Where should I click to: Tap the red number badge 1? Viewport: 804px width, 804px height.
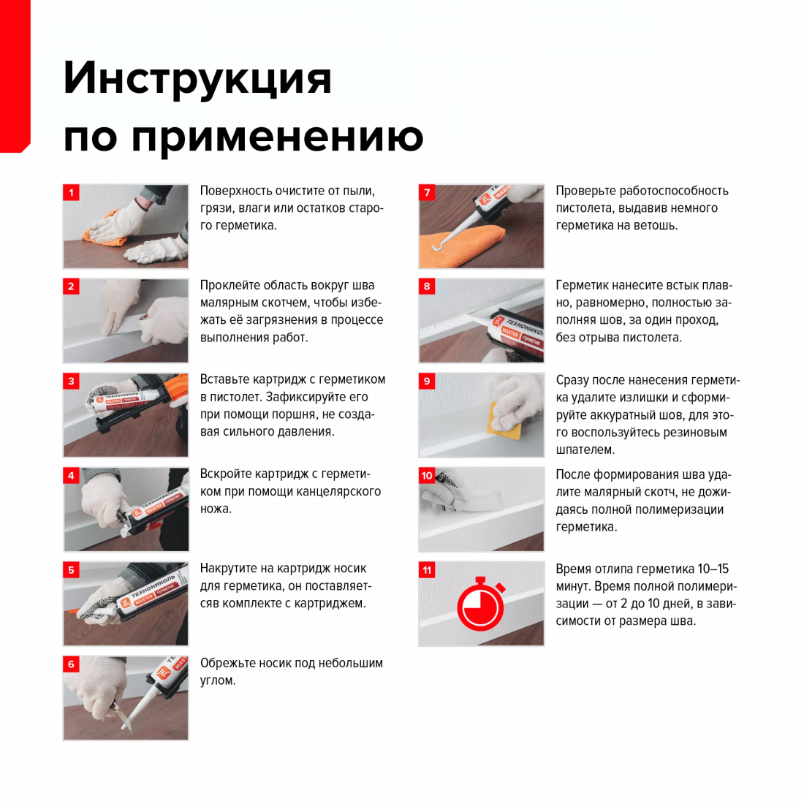72,193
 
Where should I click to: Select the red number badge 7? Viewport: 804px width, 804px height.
427,193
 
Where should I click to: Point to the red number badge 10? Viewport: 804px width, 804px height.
427,475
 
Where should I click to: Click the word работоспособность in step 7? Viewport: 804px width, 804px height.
674,191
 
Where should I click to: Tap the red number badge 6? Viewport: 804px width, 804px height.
72,664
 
